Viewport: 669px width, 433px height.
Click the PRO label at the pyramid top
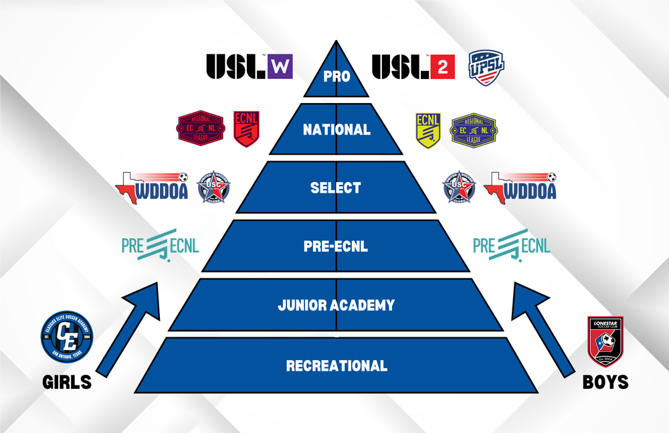[336, 76]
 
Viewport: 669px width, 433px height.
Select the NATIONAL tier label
[337, 130]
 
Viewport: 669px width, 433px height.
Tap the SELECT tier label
[336, 188]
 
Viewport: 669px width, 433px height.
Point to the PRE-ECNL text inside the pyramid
[336, 246]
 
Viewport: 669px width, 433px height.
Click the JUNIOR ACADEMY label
[336, 306]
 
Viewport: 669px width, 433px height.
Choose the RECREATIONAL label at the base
[337, 366]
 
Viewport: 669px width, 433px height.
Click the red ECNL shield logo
[246, 128]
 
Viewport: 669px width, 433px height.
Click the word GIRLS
[67, 382]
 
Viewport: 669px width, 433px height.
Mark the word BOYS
[605, 382]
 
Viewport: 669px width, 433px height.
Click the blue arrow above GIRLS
[127, 328]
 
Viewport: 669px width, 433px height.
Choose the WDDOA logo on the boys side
[520, 187]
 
